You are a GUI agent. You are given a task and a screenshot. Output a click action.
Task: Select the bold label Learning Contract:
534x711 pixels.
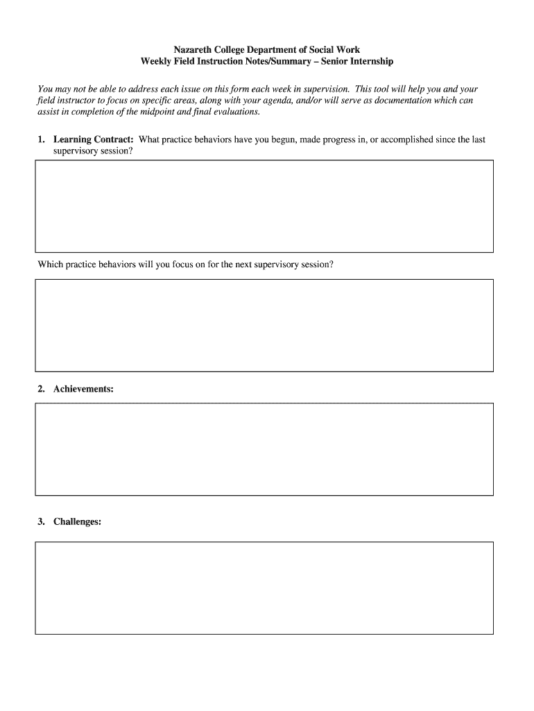[x=94, y=140]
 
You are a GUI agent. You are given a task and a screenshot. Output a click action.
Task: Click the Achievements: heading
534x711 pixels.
[x=83, y=390]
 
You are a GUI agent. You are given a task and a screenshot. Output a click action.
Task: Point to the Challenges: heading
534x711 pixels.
[x=77, y=521]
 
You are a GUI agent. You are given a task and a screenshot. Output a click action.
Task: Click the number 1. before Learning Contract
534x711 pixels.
[x=42, y=140]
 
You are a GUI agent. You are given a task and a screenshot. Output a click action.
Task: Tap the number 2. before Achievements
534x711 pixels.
[x=42, y=390]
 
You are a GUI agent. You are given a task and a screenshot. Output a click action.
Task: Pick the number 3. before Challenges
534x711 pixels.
[x=42, y=521]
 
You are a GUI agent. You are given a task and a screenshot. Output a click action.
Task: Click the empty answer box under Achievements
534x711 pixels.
[x=264, y=449]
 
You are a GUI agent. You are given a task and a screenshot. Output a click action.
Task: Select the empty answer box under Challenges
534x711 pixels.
[x=264, y=588]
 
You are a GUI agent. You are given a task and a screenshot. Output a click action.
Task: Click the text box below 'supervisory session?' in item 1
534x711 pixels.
[x=264, y=206]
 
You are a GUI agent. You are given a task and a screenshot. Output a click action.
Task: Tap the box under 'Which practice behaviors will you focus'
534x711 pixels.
[x=264, y=326]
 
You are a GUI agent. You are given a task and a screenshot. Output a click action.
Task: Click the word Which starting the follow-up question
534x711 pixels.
[x=51, y=265]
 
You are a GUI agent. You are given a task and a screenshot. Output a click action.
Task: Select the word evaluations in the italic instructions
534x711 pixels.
[x=235, y=112]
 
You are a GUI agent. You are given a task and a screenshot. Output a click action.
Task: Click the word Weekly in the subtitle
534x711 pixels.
[x=156, y=62]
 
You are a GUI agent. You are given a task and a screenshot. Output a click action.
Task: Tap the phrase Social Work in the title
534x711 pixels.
[x=335, y=50]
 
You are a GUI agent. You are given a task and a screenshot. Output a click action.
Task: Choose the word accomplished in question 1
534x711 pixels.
[x=406, y=140]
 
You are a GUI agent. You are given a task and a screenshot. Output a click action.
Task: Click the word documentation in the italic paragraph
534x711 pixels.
[x=390, y=101]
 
